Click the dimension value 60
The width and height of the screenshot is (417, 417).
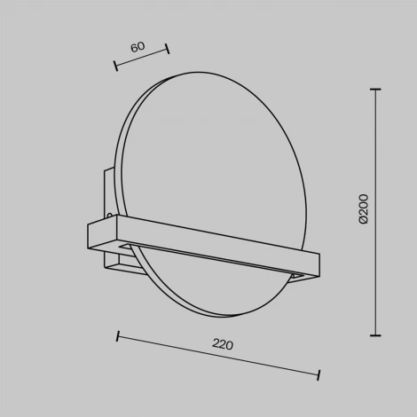[x=138, y=47]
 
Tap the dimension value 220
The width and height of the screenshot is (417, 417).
[x=223, y=344]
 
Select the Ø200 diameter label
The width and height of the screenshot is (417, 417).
[x=364, y=209]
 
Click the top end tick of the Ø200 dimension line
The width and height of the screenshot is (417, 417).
[x=375, y=89]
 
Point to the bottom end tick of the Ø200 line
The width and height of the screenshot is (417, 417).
[x=375, y=335]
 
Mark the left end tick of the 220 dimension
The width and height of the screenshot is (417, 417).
[x=118, y=336]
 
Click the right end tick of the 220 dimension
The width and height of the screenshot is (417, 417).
[x=319, y=375]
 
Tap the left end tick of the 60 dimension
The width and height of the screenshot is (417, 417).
[x=116, y=66]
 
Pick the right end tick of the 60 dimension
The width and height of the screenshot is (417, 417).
[x=168, y=49]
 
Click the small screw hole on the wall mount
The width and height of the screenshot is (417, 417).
[x=110, y=216]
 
